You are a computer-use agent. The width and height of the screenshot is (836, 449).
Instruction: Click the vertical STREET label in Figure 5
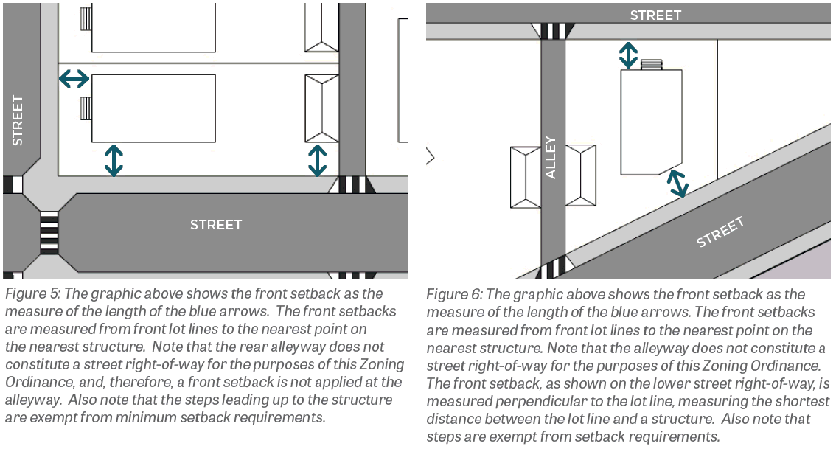[x=18, y=120]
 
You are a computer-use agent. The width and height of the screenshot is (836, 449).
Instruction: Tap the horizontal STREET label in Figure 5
[x=216, y=225]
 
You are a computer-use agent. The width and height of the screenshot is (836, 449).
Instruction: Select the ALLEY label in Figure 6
[x=550, y=158]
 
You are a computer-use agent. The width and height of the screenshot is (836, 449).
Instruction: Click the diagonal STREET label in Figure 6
[x=720, y=232]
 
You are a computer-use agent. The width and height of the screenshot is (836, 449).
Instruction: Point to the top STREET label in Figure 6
[x=655, y=15]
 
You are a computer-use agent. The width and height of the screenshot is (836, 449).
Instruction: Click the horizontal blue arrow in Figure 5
[x=74, y=79]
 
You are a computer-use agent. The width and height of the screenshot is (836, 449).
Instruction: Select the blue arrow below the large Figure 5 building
[x=114, y=161]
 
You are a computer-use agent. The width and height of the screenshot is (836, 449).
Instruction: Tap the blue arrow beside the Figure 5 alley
[x=318, y=161]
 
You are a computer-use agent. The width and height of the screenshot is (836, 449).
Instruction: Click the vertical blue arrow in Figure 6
[x=628, y=55]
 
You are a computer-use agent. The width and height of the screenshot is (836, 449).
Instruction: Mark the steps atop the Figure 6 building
[x=651, y=65]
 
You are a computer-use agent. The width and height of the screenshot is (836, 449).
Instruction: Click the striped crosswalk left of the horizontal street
[x=49, y=232]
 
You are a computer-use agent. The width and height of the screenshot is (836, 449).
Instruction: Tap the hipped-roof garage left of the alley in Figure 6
[x=526, y=177]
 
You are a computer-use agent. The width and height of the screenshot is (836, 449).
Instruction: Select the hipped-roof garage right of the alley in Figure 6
[x=581, y=175]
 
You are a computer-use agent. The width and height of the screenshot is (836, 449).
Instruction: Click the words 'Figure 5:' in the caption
[x=32, y=294]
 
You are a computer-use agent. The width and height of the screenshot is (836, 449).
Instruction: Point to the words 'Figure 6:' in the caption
[x=454, y=294]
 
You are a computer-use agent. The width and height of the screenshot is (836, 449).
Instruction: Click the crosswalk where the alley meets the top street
[x=553, y=31]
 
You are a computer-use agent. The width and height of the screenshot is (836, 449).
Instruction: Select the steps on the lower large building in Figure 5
[x=86, y=109]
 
